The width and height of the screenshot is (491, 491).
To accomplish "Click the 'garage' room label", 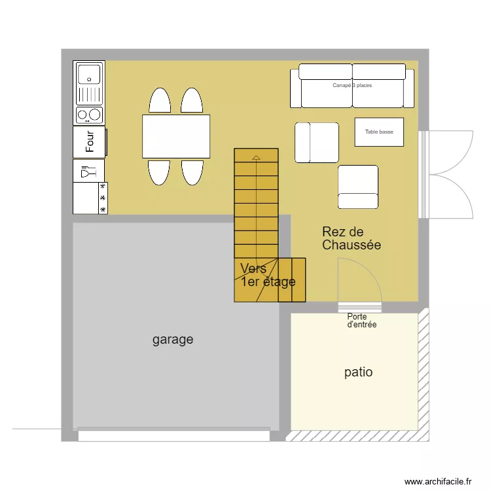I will (x=173, y=340).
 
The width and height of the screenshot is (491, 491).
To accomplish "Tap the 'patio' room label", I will (x=358, y=372).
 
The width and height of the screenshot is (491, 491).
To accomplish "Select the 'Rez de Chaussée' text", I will (x=351, y=238).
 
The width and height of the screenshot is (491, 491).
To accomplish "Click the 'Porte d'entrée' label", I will (x=361, y=320).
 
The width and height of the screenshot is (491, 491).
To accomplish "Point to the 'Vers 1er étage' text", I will (x=267, y=276).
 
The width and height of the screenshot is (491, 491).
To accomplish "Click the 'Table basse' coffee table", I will (x=379, y=132).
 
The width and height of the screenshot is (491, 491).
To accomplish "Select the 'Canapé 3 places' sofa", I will (x=352, y=86).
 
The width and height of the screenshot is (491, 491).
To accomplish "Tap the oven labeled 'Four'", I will (x=90, y=141).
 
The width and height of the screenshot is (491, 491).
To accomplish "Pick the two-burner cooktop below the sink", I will (x=90, y=115).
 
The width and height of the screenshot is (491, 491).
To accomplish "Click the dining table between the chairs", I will (x=176, y=136).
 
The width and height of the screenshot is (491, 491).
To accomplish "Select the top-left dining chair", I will (x=160, y=101).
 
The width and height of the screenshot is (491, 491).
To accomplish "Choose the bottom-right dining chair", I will (x=192, y=172).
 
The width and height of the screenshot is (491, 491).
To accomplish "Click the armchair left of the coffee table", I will (x=317, y=142).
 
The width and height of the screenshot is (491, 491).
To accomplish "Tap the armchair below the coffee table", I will (x=358, y=186).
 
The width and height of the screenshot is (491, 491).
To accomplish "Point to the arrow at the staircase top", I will (x=255, y=157).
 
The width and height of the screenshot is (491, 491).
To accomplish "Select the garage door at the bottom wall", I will (x=173, y=434).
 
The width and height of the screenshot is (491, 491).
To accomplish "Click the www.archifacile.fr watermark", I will (x=437, y=481).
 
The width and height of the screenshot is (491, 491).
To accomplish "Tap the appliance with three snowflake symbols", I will (x=90, y=198).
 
